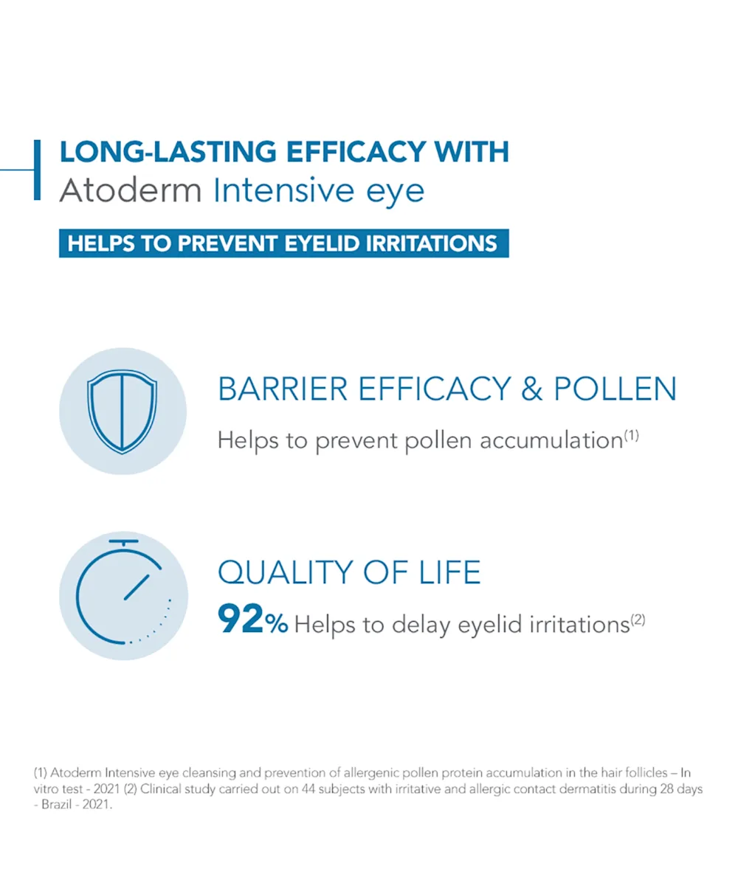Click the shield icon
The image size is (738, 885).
pyautogui.click(x=123, y=411)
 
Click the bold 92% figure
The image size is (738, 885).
pyautogui.click(x=253, y=619)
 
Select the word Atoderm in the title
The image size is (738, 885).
pyautogui.click(x=130, y=190)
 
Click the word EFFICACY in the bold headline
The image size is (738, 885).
pyautogui.click(x=356, y=151)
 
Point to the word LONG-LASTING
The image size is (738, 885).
pyautogui.click(x=168, y=151)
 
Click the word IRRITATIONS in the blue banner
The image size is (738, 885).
pyautogui.click(x=431, y=243)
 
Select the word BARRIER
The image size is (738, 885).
pyautogui.click(x=283, y=389)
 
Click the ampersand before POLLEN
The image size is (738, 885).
pyautogui.click(x=532, y=389)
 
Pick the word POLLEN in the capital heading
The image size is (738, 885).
pyautogui.click(x=615, y=389)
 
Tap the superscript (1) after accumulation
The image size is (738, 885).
pyautogui.click(x=631, y=435)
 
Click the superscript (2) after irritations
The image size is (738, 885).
pyautogui.click(x=638, y=620)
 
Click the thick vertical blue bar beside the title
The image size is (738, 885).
pyautogui.click(x=38, y=170)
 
